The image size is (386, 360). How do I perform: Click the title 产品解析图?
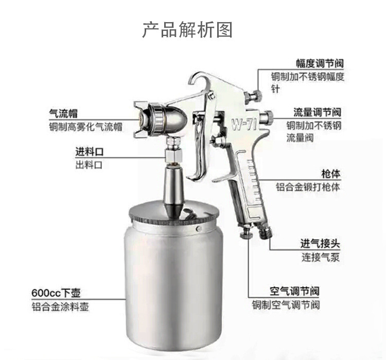tap(187, 30)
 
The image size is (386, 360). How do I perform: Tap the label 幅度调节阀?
tap(320, 63)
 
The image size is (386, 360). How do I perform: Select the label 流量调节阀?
tap(318, 113)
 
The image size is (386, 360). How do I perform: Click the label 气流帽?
tap(63, 114)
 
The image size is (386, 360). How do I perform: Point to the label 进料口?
tap(90, 152)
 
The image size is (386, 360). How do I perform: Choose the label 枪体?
tap(331, 174)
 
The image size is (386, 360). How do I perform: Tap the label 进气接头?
tap(320, 244)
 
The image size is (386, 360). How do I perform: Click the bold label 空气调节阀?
tap(294, 292)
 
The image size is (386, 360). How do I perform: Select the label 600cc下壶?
tap(56, 293)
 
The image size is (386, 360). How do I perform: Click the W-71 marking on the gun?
tap(244, 125)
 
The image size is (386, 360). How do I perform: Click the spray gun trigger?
tap(199, 148)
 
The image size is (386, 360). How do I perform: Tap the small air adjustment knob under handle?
tap(247, 233)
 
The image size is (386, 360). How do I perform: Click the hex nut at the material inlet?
tap(173, 155)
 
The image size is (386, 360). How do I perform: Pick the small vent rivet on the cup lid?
tap(199, 229)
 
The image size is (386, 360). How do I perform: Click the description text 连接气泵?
tap(321, 257)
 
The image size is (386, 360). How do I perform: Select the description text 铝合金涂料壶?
tap(60, 307)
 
